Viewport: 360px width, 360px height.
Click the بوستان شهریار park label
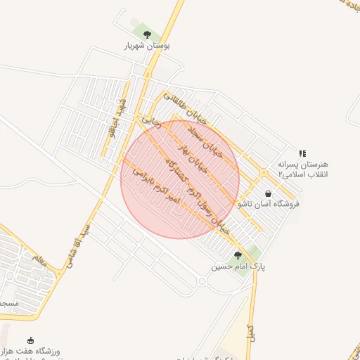(x=148, y=45)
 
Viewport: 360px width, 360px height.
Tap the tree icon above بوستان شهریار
(x=147, y=34)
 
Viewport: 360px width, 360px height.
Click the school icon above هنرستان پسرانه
(x=302, y=153)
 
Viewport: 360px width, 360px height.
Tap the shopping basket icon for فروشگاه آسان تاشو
(x=268, y=193)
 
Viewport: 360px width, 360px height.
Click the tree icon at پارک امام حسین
(x=238, y=256)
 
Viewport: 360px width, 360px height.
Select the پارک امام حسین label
(x=240, y=267)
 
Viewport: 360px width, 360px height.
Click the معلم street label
(x=39, y=262)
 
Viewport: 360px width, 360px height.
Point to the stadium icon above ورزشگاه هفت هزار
(x=30, y=340)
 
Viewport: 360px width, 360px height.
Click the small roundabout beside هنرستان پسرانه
(x=263, y=172)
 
